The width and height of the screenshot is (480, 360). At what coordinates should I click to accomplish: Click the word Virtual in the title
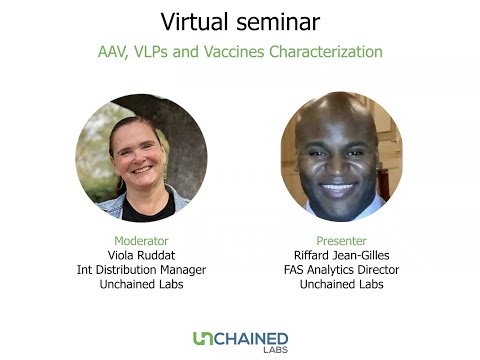point(194,21)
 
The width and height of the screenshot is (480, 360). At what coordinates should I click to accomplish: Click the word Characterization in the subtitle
point(326,51)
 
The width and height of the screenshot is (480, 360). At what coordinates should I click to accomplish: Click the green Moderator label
point(141,241)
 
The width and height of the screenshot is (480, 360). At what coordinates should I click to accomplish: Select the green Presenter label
point(341,241)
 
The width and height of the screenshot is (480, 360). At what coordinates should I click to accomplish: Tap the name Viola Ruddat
point(141,255)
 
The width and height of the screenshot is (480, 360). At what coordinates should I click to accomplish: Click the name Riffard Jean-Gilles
point(341,255)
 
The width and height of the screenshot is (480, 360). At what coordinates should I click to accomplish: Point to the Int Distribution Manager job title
point(141,270)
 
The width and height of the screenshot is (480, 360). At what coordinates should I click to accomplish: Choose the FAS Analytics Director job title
point(341,270)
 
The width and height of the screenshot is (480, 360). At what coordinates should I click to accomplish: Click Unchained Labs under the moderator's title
point(141,284)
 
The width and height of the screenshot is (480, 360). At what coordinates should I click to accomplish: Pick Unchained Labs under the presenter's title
point(341,284)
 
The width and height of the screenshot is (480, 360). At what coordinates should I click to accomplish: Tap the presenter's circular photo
point(341,157)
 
